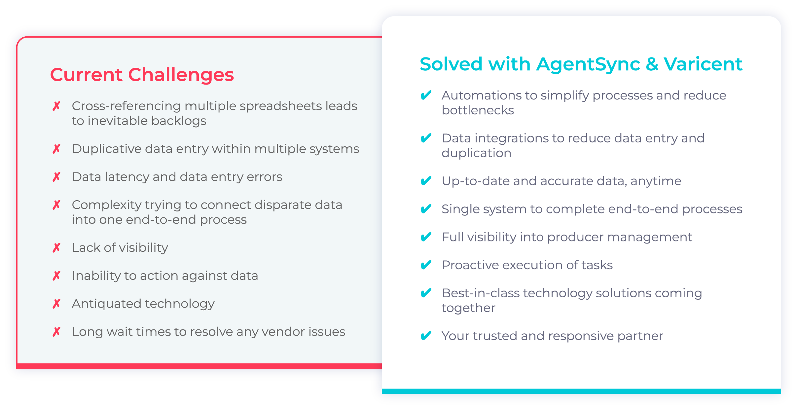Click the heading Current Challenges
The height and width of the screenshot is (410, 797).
click(x=142, y=75)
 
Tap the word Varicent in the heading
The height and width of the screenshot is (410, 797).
click(x=703, y=64)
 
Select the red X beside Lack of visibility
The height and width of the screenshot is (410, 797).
click(x=56, y=247)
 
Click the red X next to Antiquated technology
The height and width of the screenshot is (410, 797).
click(x=56, y=304)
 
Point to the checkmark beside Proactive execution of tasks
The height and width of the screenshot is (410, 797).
click(x=426, y=265)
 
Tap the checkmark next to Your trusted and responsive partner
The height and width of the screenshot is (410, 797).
click(x=426, y=336)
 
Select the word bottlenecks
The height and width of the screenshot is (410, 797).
click(x=478, y=110)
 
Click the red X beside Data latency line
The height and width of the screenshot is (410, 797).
click(x=56, y=177)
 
